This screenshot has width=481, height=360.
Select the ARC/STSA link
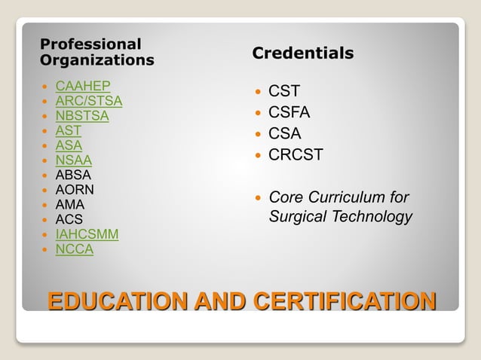[89, 101]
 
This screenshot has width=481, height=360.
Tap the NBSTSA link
[82, 116]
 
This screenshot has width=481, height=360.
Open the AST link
[69, 130]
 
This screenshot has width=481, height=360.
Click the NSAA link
[74, 160]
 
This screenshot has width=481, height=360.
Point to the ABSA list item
[73, 175]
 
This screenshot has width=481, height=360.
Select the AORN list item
[75, 190]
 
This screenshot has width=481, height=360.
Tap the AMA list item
[70, 204]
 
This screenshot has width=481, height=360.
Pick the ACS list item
[69, 219]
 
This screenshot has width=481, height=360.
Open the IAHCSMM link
[87, 234]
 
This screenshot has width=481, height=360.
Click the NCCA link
[75, 249]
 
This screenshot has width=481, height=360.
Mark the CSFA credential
[290, 113]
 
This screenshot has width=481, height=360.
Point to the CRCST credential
[296, 155]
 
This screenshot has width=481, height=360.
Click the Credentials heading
[302, 53]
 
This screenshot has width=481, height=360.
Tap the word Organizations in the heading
[97, 59]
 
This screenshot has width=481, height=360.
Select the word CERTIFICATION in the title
[345, 301]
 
